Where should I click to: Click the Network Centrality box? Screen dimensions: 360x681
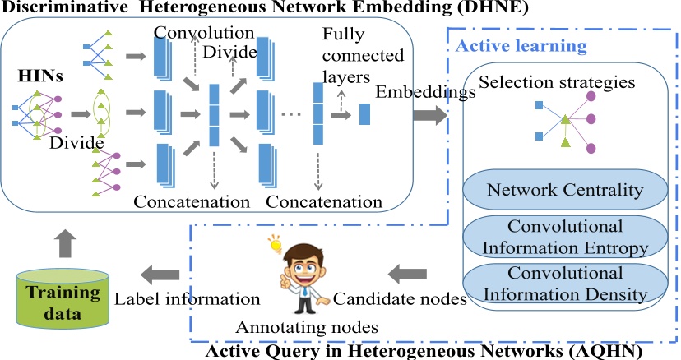[x=564, y=190]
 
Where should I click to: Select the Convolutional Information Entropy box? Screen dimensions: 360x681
[x=564, y=235]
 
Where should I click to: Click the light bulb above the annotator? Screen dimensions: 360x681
[x=273, y=244]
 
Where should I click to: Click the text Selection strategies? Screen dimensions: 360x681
[x=546, y=83]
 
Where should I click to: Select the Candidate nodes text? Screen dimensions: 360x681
[x=388, y=298]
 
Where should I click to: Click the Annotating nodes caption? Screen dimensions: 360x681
[x=307, y=327]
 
